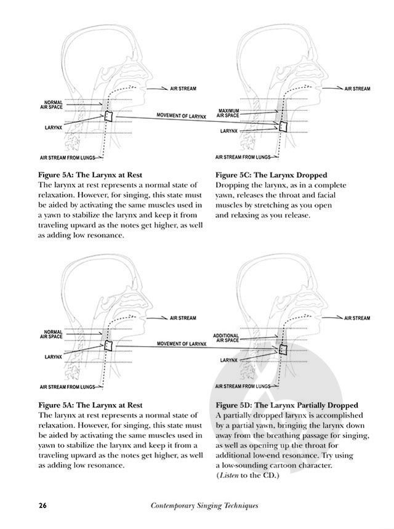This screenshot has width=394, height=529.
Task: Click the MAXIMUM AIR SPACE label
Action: pyautogui.click(x=229, y=113)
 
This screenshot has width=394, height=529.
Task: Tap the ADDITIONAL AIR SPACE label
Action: pyautogui.click(x=226, y=337)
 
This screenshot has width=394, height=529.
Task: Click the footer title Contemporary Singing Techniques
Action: pyautogui.click(x=204, y=506)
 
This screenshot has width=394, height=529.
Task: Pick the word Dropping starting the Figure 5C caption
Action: pyautogui.click(x=234, y=185)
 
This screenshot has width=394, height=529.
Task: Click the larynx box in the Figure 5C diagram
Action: pyautogui.click(x=283, y=127)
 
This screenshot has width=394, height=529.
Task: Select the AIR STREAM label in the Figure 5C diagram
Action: pyautogui.click(x=357, y=89)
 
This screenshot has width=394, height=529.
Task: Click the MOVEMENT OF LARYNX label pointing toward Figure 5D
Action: pyautogui.click(x=181, y=343)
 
